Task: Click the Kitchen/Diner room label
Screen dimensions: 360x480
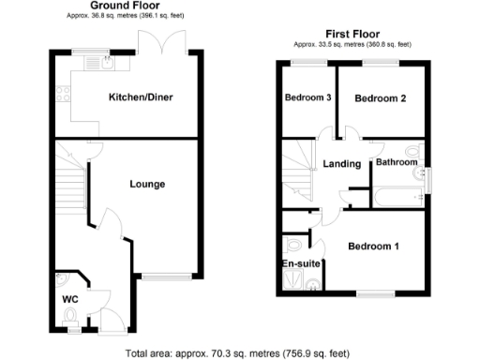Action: (141, 97)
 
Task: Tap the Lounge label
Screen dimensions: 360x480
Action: (147, 184)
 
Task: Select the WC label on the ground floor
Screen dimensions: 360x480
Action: (68, 299)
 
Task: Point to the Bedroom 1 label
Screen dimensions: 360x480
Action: (374, 247)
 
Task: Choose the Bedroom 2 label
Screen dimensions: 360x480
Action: (381, 98)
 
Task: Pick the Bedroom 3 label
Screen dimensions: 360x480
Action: (307, 98)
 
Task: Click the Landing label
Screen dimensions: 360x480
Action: (341, 164)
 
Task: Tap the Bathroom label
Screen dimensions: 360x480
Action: (397, 162)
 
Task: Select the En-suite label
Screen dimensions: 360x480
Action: (302, 264)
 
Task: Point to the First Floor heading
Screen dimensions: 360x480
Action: (352, 33)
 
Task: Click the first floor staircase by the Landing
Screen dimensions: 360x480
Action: (300, 168)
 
